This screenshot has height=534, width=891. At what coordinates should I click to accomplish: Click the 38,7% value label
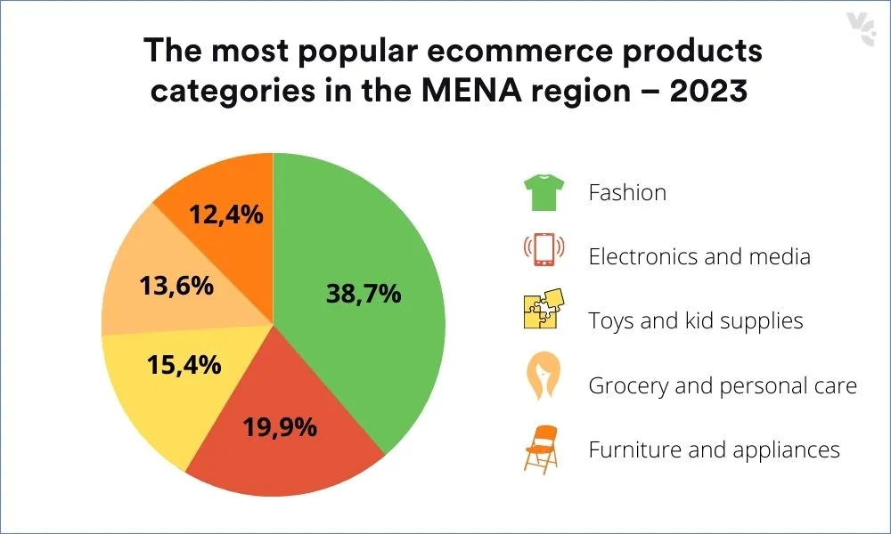(364, 293)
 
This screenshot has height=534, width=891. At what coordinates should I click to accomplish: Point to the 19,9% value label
(280, 427)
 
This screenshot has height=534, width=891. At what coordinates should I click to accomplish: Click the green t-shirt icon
(541, 192)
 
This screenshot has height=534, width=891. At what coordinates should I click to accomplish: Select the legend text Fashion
(627, 192)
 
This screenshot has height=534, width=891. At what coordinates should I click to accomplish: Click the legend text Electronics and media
(699, 256)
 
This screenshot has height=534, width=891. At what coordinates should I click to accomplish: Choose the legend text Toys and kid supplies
(696, 320)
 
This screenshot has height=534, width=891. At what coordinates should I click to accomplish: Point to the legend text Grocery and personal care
(723, 385)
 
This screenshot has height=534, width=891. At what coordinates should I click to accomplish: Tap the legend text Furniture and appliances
(714, 449)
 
